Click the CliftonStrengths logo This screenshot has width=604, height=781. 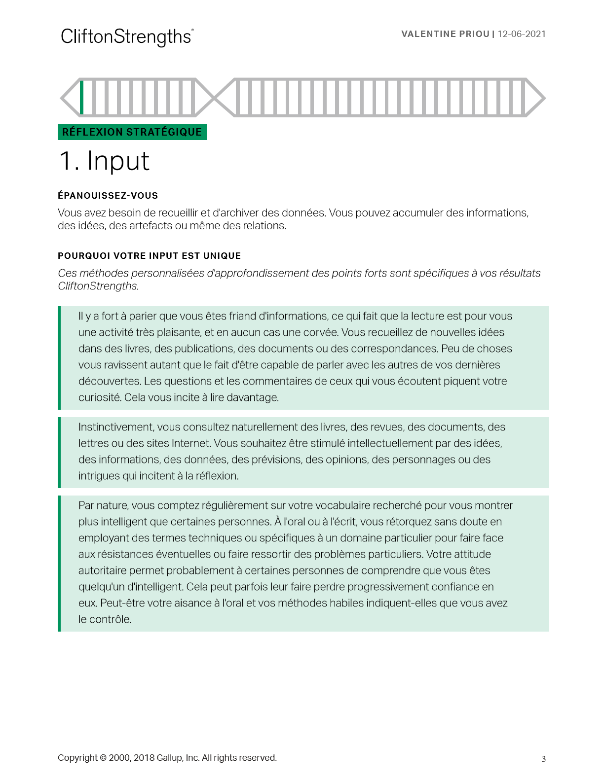127,37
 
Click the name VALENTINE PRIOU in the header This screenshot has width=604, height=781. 445,34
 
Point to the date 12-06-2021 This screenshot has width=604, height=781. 522,34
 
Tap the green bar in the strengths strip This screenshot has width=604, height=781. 82,98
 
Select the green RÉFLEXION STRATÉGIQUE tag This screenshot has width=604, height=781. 132,132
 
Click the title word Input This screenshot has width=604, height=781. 118,161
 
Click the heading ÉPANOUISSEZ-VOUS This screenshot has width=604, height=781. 108,196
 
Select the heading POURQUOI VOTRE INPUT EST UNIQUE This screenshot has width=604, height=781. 149,256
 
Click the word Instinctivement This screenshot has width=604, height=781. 116,427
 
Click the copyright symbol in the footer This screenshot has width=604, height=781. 103,758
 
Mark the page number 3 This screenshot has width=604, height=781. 544,759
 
